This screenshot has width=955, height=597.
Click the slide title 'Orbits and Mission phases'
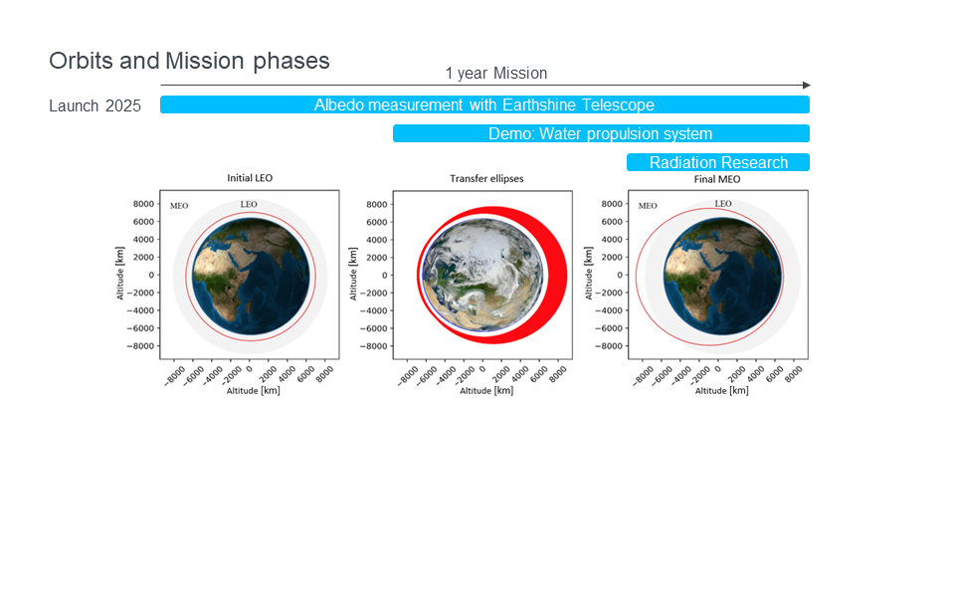[189, 61]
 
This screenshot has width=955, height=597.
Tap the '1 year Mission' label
[496, 73]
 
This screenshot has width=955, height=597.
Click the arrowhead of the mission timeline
[807, 86]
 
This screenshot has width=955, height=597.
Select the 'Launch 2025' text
[95, 106]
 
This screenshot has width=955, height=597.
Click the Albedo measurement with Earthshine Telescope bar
[484, 104]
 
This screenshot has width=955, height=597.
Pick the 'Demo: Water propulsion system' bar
[601, 133]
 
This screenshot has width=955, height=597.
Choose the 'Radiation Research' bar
[718, 162]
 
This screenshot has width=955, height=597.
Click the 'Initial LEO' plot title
[250, 178]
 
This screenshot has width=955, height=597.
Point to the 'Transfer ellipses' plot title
[486, 178]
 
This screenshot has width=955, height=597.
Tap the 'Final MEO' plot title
[717, 179]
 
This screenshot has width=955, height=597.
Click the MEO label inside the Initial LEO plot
[179, 206]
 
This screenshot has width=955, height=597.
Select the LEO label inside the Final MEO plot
[723, 203]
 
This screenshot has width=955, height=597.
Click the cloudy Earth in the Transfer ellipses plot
[482, 275]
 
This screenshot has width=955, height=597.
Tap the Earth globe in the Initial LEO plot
[251, 277]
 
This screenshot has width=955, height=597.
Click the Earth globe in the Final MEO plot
[723, 277]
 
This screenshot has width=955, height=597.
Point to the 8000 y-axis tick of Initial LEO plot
[143, 204]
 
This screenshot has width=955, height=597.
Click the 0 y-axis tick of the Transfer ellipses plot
[384, 276]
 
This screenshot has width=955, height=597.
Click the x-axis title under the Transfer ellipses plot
[486, 390]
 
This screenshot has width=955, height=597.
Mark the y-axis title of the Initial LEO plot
[120, 273]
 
